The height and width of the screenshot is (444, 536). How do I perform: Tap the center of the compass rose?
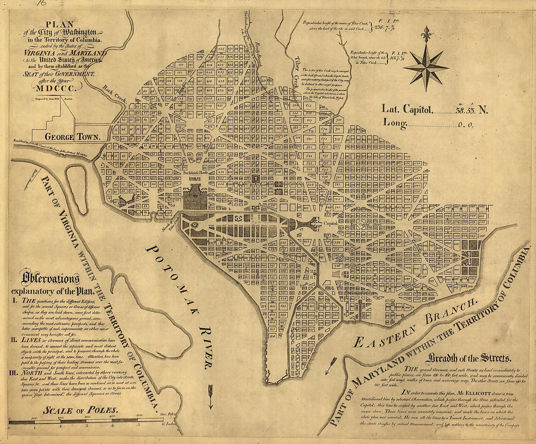(x=426, y=67)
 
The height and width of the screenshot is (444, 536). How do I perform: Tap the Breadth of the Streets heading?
(x=469, y=359)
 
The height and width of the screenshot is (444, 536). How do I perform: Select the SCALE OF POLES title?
(x=80, y=410)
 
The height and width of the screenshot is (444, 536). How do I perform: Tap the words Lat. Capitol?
(x=407, y=110)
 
